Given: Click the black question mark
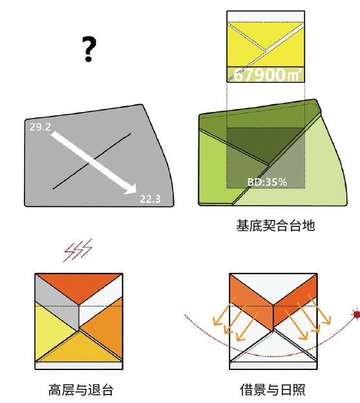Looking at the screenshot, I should point(89,49).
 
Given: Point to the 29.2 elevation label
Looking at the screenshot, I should point(40,128).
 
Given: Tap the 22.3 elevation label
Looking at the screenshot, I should point(150,198).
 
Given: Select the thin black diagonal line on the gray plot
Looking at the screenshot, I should point(71,175).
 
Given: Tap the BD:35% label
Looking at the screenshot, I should point(267,182).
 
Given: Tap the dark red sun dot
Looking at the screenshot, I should point(355,314).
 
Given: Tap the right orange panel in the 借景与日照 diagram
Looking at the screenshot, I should point(295,301).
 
